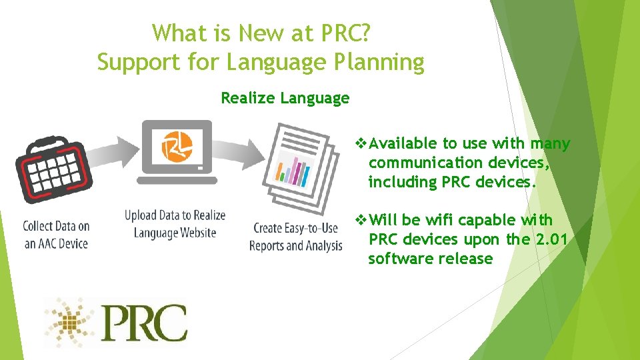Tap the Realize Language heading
(x=285, y=99)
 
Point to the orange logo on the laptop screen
(x=177, y=145)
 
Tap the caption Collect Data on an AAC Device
(x=57, y=235)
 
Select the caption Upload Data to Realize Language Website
(x=175, y=224)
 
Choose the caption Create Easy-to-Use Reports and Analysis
(x=296, y=237)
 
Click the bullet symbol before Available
(x=362, y=143)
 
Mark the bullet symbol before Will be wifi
(x=362, y=220)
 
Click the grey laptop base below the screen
(x=177, y=180)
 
